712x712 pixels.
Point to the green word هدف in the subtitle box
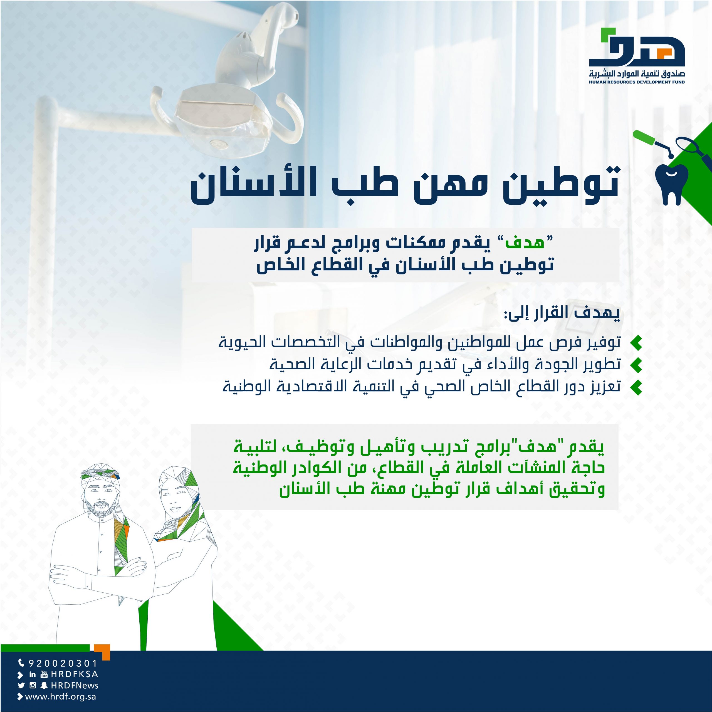524,244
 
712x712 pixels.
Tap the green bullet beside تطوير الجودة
636,365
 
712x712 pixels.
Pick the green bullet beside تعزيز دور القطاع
636,387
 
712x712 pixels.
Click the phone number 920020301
63,663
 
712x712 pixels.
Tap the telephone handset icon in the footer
21,663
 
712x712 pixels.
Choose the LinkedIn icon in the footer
33,674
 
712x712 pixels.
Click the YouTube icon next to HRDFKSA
44,674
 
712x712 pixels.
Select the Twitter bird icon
21,686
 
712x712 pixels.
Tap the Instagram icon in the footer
33,686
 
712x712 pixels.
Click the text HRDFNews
75,686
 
